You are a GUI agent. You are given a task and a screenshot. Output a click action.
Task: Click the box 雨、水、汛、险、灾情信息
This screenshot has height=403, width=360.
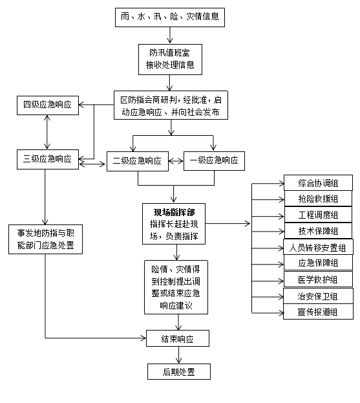pos(169,17)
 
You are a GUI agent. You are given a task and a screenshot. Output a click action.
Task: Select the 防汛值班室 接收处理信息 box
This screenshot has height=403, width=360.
pos(170,59)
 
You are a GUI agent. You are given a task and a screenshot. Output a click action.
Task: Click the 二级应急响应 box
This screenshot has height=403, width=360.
pos(137,160)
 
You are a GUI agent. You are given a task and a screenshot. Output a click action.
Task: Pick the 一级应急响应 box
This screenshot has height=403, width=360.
pos(214,160)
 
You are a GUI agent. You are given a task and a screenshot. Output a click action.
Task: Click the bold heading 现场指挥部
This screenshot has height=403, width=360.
pos(174,212)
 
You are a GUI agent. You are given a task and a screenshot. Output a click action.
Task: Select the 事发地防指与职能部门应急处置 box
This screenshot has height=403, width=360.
pos(45,239)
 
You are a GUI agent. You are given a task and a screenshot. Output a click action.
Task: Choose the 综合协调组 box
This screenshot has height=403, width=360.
pos(318,182)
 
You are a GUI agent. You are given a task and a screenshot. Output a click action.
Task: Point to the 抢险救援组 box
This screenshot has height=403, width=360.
pos(318,199)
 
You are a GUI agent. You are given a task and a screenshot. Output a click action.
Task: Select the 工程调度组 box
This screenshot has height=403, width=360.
pos(318,215)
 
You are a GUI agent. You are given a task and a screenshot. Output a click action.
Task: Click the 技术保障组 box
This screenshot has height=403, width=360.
pos(318,231)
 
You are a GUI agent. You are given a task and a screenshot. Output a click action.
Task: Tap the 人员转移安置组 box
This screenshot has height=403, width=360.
pos(318,247)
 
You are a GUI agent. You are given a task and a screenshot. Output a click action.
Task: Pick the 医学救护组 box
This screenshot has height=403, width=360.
pos(318,279)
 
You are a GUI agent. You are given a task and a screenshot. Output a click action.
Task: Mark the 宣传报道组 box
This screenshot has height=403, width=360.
pos(318,312)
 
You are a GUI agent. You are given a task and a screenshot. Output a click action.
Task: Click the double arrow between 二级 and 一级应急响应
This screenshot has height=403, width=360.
pos(176,160)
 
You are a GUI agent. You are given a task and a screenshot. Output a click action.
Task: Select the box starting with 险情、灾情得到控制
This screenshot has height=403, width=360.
pos(174,287)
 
